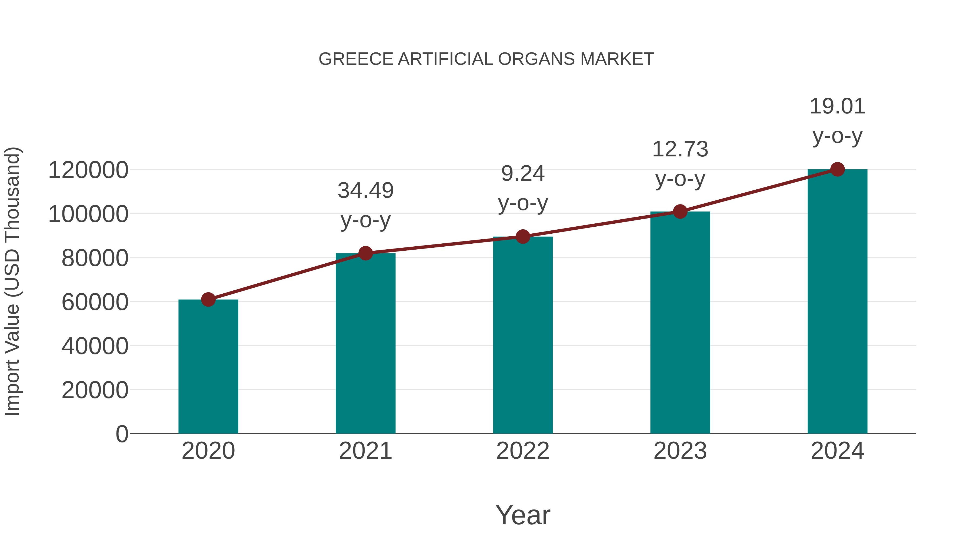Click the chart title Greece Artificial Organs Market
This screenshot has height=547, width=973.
coord(486,59)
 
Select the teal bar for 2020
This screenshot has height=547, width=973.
coord(208,366)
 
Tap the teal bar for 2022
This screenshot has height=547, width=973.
coord(523,336)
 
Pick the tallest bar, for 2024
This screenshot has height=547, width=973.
coord(837,302)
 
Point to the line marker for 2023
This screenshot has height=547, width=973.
coord(680,212)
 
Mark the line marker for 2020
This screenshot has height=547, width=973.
coord(208,300)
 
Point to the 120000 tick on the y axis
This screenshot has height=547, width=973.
coord(88,170)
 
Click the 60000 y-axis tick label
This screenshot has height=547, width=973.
coord(95,302)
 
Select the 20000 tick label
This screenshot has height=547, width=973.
coord(95,390)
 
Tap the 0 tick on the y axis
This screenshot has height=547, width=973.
coord(122,434)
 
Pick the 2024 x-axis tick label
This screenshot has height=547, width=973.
coord(837,451)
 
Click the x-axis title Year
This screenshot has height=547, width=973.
coord(523,515)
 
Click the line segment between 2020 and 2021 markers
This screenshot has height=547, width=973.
coord(287,277)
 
